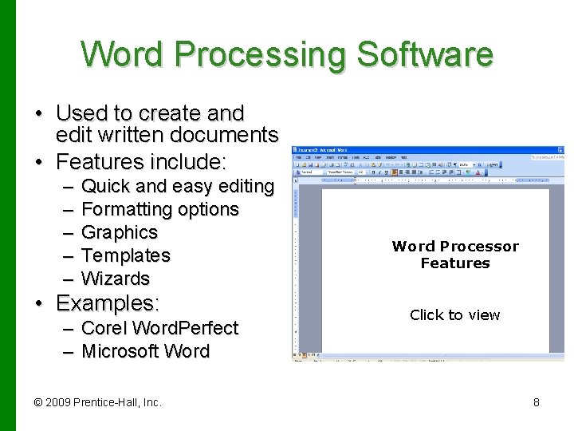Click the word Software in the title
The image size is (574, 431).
coord(425,55)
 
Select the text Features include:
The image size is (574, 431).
coord(142,162)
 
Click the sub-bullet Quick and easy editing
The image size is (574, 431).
coord(178,186)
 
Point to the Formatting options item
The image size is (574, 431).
coord(160,209)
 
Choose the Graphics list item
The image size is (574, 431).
coord(120,232)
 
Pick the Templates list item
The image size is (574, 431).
coord(126,255)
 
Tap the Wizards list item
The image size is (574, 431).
coord(116,279)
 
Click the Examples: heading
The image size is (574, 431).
coord(108,303)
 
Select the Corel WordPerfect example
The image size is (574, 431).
coord(159,328)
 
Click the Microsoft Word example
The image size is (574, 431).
coord(145,351)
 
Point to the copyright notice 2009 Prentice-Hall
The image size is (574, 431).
coord(97,402)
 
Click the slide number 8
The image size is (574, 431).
coord(537,402)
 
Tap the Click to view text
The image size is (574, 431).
coord(454,315)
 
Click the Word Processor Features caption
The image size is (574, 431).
coord(455,255)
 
